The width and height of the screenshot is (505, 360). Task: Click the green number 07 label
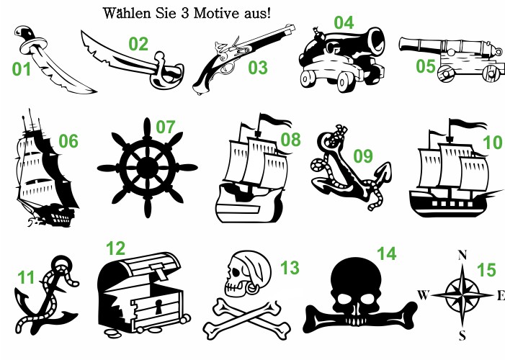click(x=166, y=127)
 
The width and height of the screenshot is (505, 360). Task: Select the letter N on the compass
click(x=462, y=255)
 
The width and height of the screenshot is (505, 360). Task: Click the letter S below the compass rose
click(x=462, y=336)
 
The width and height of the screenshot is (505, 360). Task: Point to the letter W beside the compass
click(x=424, y=294)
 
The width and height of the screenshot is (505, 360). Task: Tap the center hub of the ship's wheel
click(x=148, y=168)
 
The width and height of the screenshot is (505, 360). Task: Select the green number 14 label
click(x=387, y=253)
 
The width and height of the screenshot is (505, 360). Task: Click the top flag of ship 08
click(x=274, y=119)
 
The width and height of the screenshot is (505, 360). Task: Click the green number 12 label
click(x=115, y=248)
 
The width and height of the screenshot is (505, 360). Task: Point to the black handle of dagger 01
click(x=24, y=34)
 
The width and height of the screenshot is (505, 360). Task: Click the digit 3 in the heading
click(x=185, y=14)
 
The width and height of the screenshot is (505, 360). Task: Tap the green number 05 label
click(x=426, y=66)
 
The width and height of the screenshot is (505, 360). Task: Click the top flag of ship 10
click(x=468, y=123)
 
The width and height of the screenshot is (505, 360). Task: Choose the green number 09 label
click(x=363, y=156)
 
